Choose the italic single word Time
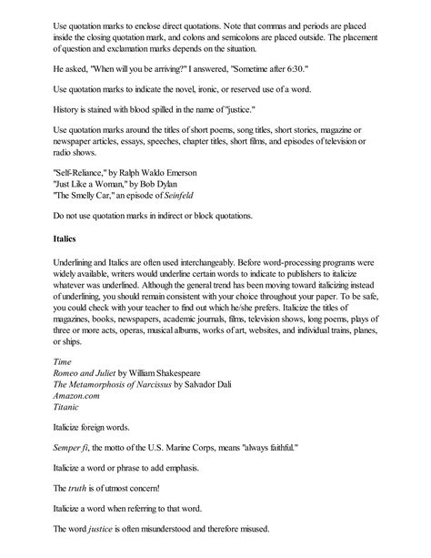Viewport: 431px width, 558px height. click(64, 360)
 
